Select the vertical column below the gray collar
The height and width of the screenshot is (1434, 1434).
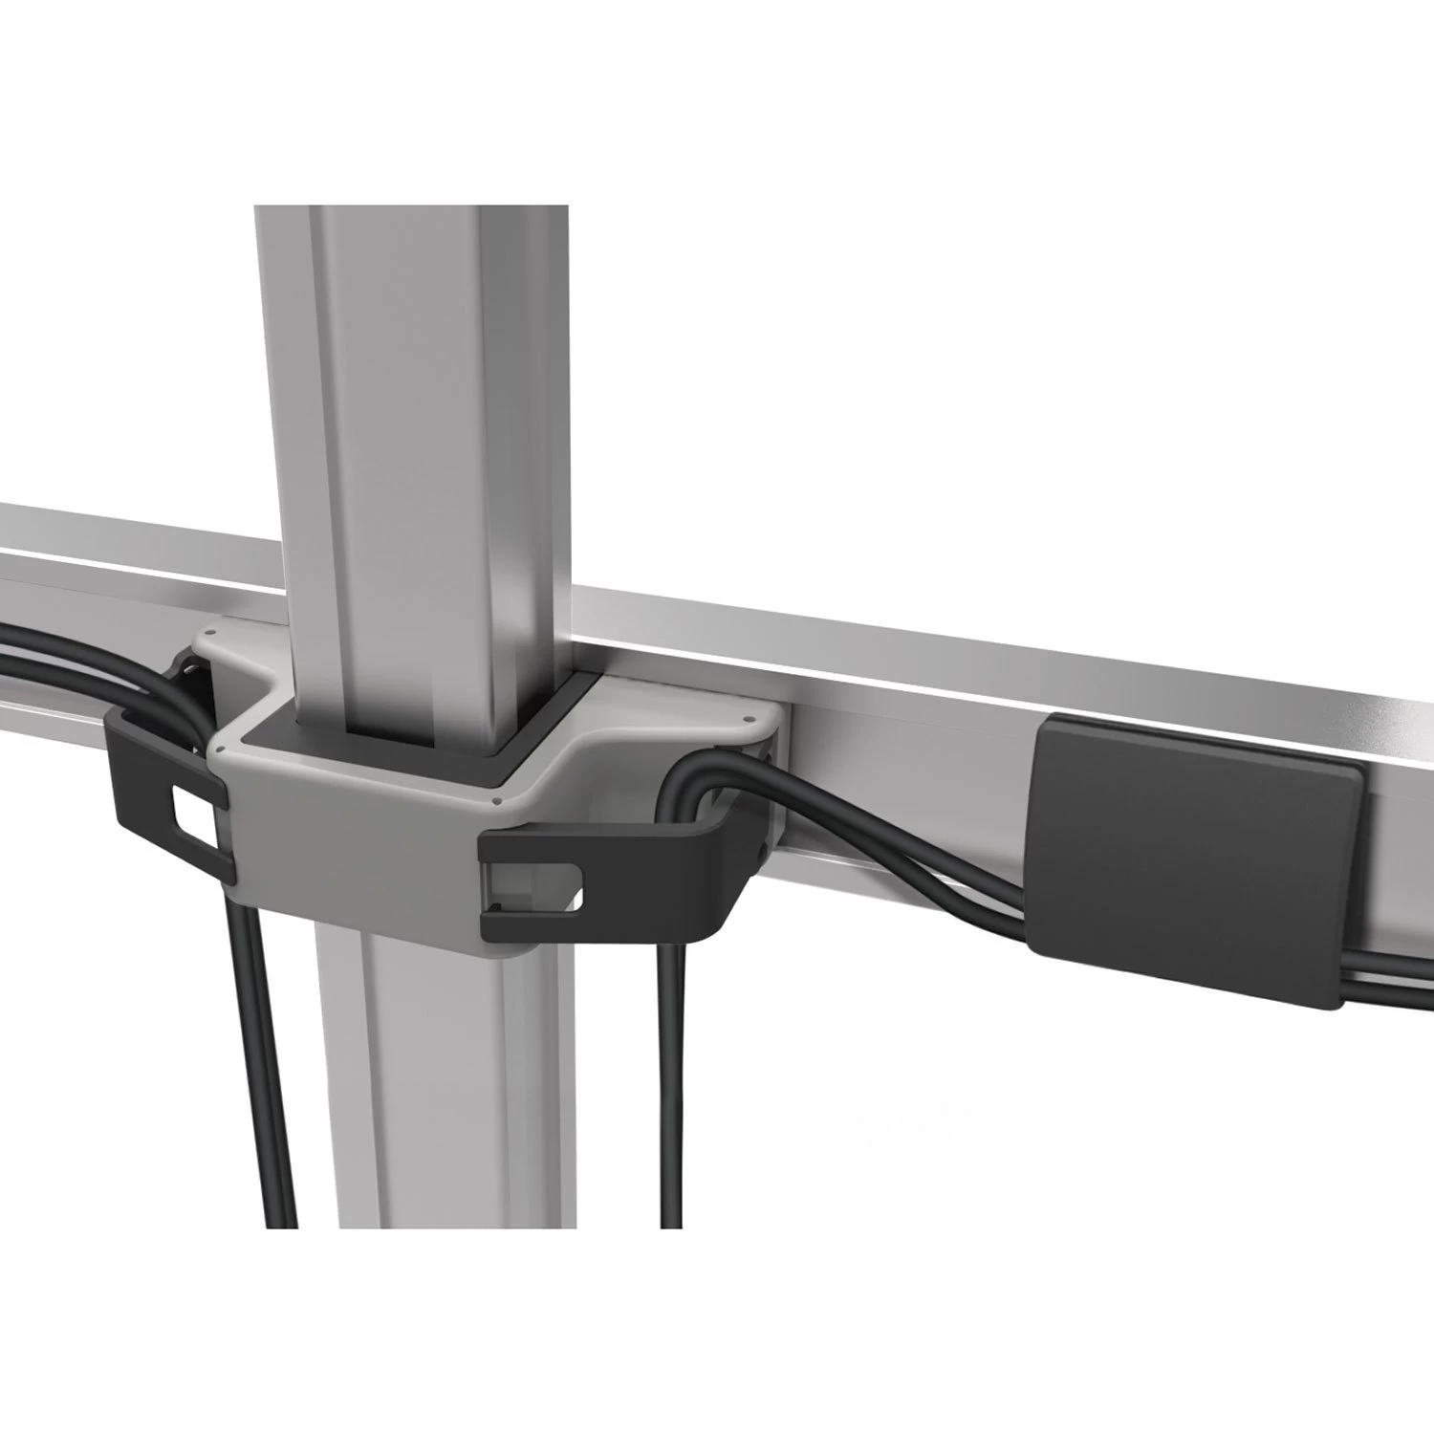point(421,1147)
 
